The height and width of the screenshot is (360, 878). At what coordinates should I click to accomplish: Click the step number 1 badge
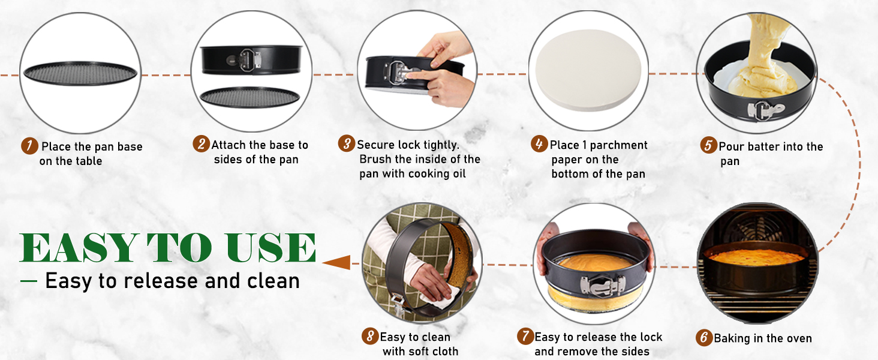[x=29, y=146]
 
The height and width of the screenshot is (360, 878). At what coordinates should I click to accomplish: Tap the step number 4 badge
[x=540, y=144]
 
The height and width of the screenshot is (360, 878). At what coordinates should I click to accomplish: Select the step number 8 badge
[x=370, y=336]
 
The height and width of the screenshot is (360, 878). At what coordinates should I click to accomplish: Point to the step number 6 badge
[x=703, y=338]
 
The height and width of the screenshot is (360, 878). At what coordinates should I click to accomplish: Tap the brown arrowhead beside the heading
[x=336, y=262]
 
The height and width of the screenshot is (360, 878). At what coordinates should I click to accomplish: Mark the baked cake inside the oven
[x=757, y=257]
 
